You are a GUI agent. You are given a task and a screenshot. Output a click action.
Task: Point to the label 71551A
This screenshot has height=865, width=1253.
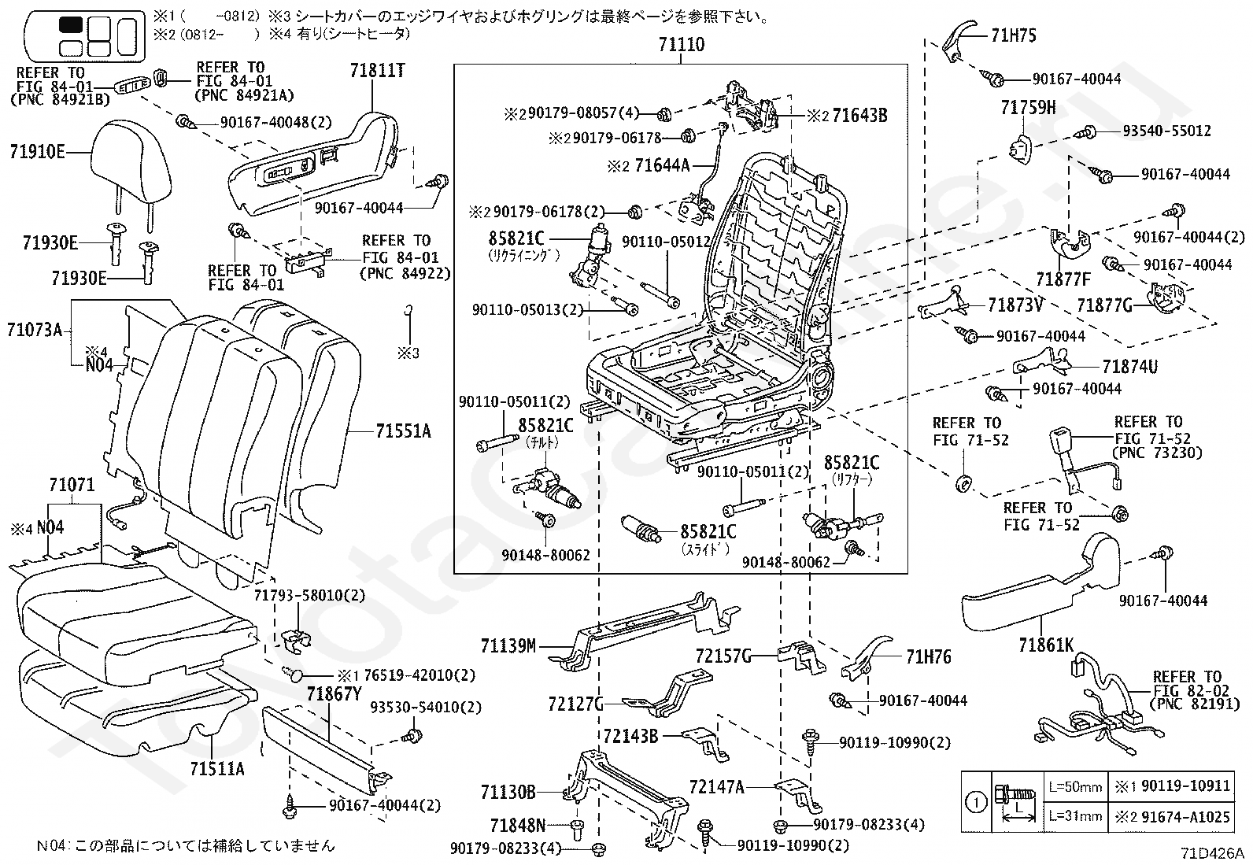pos(403,431)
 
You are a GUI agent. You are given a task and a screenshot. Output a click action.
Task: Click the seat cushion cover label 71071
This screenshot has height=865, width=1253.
pos(72,486)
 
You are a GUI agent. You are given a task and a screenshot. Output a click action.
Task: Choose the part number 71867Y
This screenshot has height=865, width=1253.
pos(334,693)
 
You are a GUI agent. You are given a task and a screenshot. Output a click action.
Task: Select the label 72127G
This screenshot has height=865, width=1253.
pos(575,703)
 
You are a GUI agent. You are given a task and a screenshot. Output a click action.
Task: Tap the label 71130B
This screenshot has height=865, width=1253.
pos(508,791)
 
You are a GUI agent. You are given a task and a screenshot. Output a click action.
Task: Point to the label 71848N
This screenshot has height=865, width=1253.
pos(517,825)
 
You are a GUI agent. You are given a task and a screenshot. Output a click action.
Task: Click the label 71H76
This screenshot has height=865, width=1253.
pos(928,656)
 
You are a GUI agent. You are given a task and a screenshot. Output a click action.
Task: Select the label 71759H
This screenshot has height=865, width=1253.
pos(1029,108)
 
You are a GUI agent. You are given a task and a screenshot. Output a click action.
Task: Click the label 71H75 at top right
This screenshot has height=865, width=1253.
pos(1014,35)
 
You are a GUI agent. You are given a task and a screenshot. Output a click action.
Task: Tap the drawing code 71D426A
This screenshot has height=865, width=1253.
pos(1212,853)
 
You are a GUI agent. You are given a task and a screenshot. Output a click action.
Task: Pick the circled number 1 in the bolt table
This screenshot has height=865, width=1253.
pos(975,803)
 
